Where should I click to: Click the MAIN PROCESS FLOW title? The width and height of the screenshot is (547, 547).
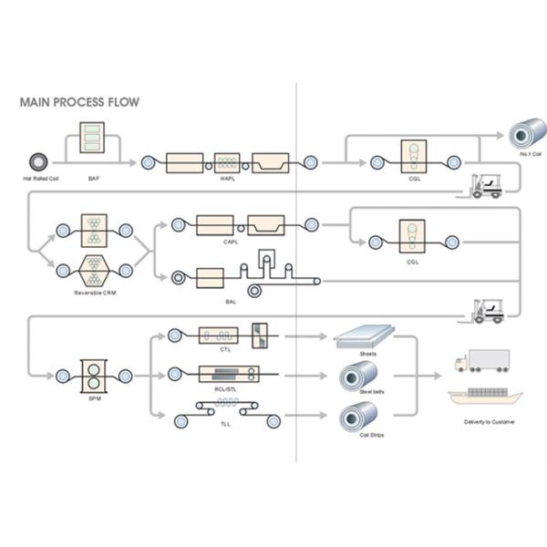click(x=79, y=102)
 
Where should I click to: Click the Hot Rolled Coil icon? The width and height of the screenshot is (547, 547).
click(x=40, y=161)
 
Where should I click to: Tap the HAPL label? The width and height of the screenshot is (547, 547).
click(x=228, y=179)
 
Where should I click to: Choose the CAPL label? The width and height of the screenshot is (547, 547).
click(x=232, y=242)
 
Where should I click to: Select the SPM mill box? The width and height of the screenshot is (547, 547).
click(x=94, y=375)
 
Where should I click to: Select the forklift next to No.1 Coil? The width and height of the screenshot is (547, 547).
click(x=485, y=186)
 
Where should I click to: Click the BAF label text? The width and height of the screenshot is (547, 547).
click(x=94, y=179)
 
